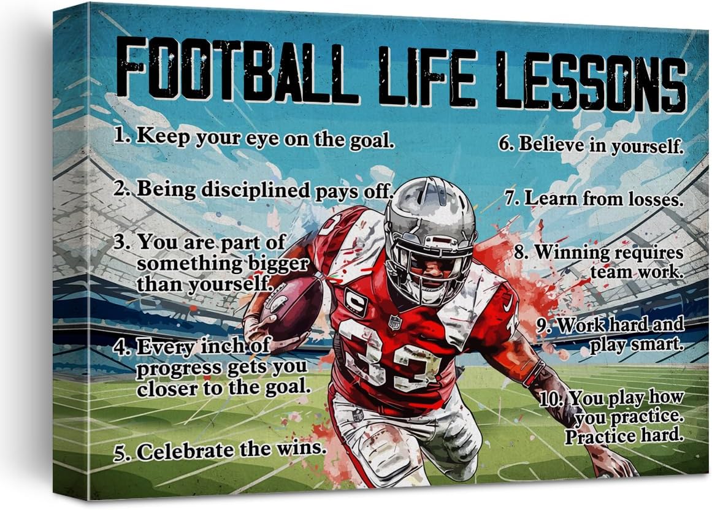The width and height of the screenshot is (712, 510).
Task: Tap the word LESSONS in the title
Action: click(591, 81)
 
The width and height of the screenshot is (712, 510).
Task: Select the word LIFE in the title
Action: click(427, 75)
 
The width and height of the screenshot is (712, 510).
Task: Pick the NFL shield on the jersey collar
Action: click(395, 322)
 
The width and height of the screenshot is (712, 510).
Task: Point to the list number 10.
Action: click(551, 399)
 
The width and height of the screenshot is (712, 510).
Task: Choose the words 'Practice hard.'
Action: click(624, 436)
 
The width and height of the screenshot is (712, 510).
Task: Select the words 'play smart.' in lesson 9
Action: click(637, 344)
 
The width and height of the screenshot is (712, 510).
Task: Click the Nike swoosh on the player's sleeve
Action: click(508, 302)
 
